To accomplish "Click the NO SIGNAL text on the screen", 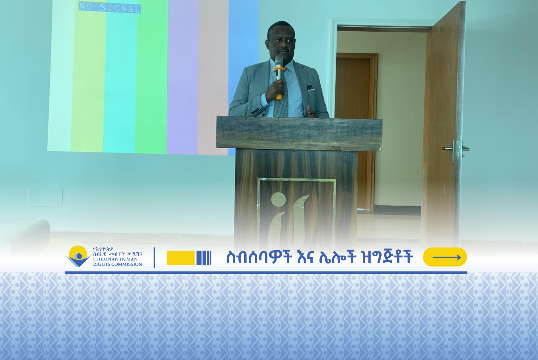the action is click(109, 7).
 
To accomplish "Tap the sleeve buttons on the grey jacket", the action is click(255, 111).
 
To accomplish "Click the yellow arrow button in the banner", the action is click(445, 257).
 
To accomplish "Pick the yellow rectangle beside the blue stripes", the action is click(181, 258).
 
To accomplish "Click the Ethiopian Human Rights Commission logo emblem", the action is click(78, 256).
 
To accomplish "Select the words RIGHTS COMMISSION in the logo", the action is click(117, 264).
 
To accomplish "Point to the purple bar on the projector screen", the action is click(182, 77).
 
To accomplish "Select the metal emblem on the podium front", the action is click(289, 218).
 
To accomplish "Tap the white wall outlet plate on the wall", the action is click(45, 197).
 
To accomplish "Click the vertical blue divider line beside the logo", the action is click(155, 258).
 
